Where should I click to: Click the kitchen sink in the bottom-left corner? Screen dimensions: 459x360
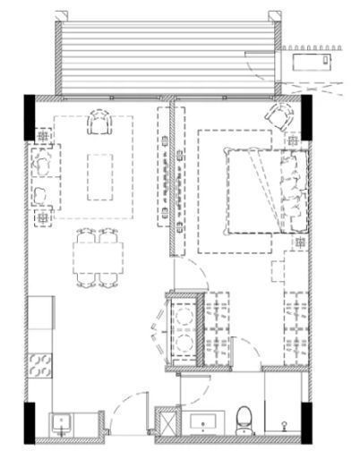(62, 423)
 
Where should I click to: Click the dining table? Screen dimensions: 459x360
(99, 259)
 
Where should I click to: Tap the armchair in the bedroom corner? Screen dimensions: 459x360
(279, 116)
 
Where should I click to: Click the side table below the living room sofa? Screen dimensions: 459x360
(42, 217)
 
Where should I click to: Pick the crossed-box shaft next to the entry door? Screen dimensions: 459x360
(167, 421)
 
